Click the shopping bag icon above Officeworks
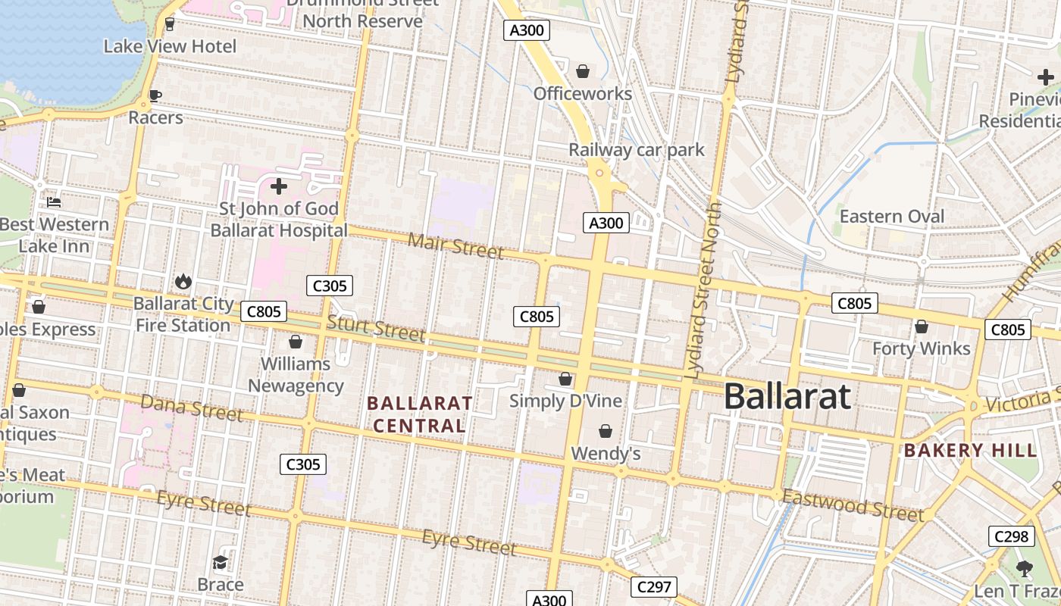583,71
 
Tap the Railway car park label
637,150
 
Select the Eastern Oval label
892,217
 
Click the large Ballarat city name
787,396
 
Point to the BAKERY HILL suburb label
970,451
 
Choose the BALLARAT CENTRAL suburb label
420,414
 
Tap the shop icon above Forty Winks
922,326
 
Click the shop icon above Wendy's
606,431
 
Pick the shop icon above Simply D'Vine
565,379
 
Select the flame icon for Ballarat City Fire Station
183,282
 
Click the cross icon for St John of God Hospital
279,186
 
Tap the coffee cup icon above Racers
155,95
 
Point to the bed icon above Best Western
54,202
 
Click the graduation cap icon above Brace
221,562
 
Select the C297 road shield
653,587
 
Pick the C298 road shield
1011,536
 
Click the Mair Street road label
455,245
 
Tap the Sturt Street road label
376,329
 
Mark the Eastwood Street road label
853,505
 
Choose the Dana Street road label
192,408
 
